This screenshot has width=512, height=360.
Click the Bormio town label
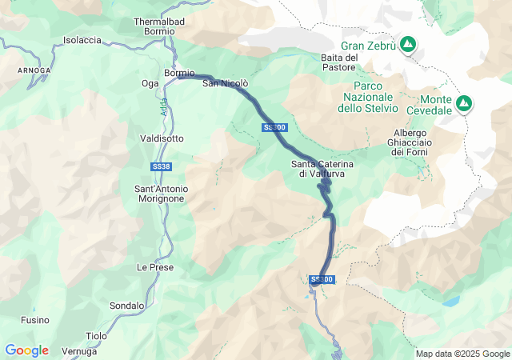179,73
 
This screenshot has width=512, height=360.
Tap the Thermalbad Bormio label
154,26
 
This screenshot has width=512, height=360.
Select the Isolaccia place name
82,40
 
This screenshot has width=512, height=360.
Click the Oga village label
150,83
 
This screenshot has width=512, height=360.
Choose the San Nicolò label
225,83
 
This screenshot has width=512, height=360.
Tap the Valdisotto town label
162,138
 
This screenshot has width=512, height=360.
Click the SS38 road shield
161,166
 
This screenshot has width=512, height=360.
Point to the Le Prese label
155,267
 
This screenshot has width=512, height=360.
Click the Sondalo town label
127,306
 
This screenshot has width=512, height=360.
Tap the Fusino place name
34,319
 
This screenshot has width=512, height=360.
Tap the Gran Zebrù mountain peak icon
407,45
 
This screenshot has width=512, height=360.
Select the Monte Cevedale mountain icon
464,103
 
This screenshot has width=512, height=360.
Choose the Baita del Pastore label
338,62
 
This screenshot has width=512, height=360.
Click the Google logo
26,350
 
